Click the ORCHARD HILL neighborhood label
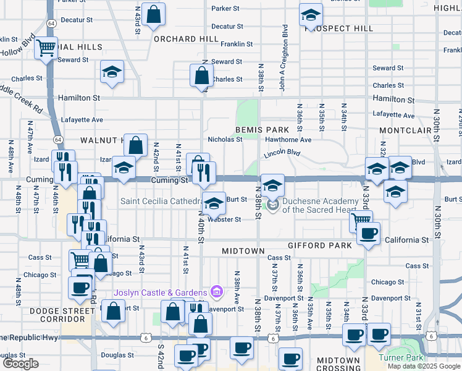186,38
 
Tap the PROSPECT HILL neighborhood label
339,28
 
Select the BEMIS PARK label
262,130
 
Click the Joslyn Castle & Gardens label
159,292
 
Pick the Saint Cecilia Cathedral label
160,200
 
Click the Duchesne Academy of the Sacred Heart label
321,205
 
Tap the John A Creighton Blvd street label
285,58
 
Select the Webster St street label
224,220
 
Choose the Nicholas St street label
225,140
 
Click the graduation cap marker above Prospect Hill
311,15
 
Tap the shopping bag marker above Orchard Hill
154,15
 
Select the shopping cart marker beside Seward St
46,47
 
